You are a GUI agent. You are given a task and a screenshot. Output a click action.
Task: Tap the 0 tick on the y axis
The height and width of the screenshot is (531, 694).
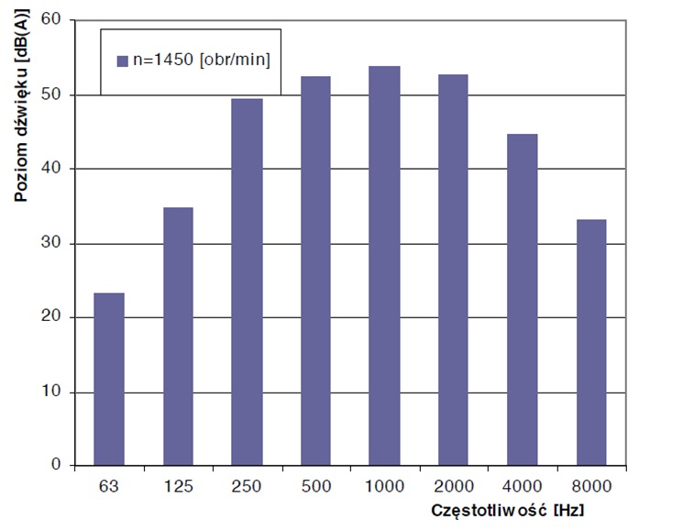point(55,466)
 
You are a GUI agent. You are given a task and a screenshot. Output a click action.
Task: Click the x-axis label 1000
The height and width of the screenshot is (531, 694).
point(384,485)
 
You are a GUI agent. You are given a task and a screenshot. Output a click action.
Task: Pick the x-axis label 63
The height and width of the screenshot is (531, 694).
point(109,485)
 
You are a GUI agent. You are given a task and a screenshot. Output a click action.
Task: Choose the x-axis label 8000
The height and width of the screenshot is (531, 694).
point(590,485)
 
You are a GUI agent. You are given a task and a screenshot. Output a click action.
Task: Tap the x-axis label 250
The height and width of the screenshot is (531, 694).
point(247,485)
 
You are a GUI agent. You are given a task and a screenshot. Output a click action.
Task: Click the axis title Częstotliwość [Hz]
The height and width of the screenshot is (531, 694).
point(510,508)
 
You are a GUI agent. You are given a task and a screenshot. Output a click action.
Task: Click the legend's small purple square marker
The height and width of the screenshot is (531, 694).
point(122,61)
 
